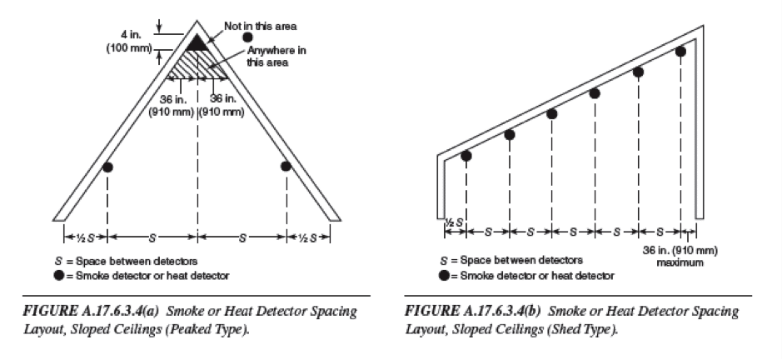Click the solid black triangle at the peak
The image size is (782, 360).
197,44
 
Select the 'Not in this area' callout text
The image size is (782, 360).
260,26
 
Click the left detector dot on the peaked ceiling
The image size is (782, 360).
107,167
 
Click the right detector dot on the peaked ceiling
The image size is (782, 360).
286,166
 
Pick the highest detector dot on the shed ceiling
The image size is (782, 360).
680,51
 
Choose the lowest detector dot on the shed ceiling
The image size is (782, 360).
466,156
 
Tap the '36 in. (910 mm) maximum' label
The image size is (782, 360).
680,256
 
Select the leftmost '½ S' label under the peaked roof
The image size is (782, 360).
85,237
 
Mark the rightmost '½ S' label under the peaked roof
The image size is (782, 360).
308,237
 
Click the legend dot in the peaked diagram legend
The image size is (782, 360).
59,275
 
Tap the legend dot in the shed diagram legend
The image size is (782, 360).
444,275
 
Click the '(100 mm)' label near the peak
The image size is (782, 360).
129,49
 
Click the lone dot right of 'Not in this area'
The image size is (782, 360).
248,37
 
